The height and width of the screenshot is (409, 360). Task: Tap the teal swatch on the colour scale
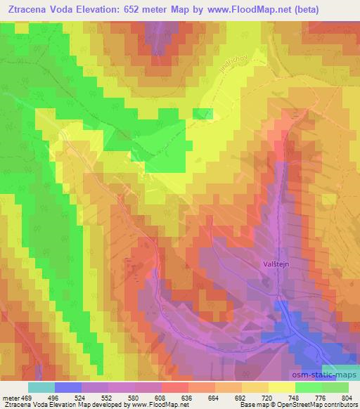click(x=41, y=387)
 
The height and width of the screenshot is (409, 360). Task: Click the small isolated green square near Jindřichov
click(x=203, y=114)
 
